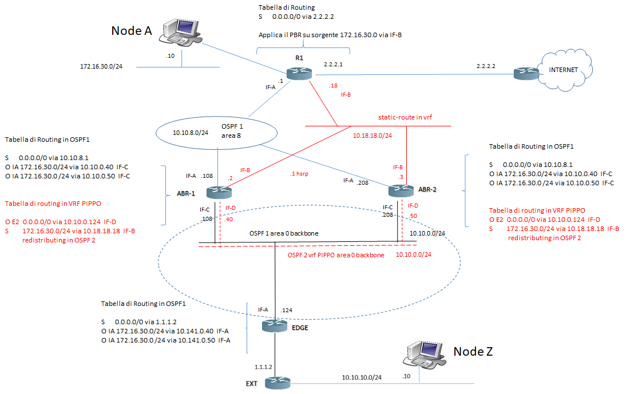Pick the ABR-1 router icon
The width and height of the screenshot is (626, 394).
coord(216,193)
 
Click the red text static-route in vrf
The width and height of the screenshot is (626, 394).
coord(405,117)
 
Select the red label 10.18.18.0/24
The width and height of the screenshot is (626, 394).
coord(371,136)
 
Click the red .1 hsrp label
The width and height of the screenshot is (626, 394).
coord(300,174)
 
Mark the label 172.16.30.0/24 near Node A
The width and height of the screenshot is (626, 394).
coord(101,66)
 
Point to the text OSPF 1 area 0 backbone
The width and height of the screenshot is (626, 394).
coord(284,234)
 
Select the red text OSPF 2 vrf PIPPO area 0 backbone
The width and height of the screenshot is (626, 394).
coord(336,254)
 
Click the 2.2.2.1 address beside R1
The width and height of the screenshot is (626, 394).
coord(333,64)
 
